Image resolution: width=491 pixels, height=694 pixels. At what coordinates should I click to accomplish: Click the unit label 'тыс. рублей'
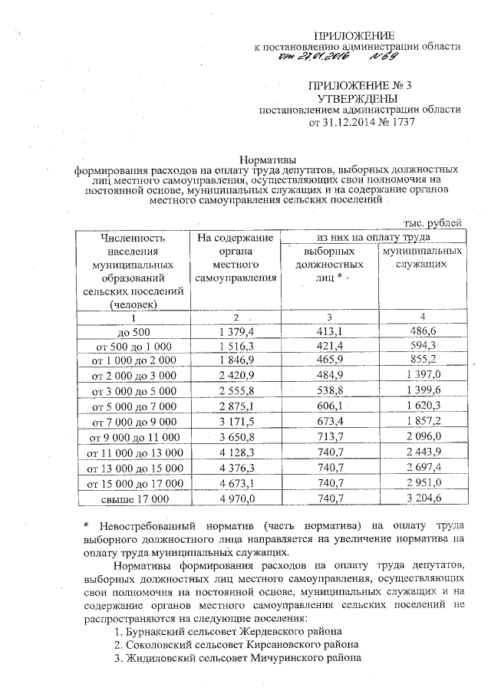433,223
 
